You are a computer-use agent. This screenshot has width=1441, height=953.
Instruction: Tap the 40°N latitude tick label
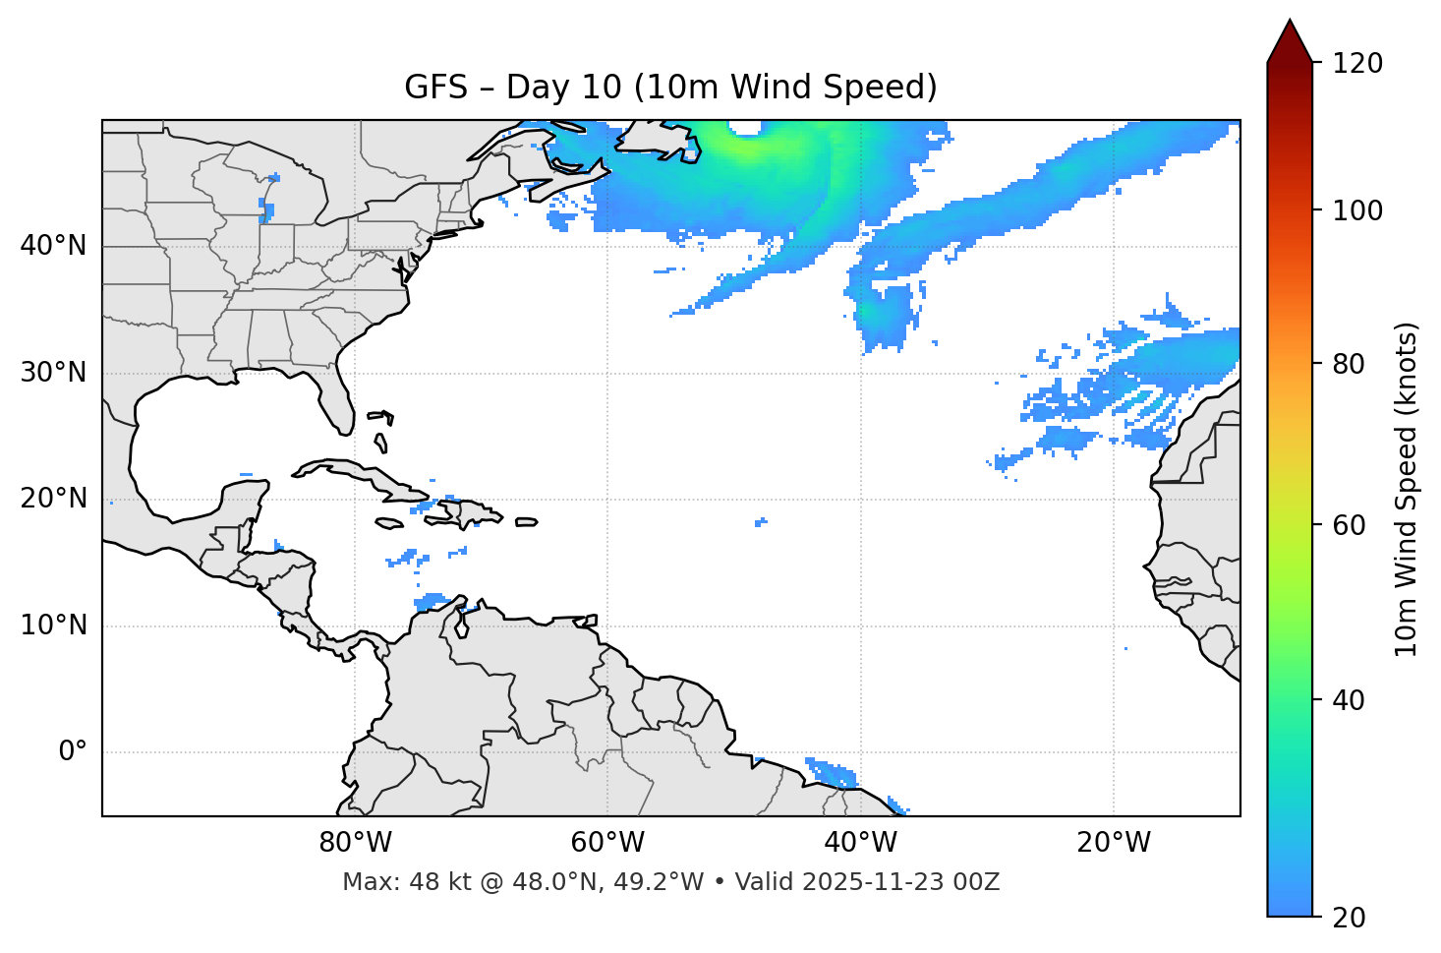click(53, 246)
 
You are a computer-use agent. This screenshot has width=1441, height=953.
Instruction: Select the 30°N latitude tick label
click(53, 373)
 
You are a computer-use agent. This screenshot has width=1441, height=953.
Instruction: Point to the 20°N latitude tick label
click(53, 499)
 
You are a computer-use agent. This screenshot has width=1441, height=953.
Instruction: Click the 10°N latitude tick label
click(53, 625)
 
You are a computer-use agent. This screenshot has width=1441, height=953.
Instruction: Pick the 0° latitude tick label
click(73, 752)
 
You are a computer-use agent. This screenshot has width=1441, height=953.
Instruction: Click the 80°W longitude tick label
click(355, 843)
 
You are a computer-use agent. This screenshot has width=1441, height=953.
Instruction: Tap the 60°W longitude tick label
click(607, 843)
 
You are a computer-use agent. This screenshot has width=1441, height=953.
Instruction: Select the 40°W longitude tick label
click(860, 843)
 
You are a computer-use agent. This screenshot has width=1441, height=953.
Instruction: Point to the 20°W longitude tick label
click(1113, 843)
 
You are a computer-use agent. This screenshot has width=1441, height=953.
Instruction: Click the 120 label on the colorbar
click(1356, 64)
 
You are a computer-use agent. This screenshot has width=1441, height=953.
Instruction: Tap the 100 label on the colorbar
click(1356, 210)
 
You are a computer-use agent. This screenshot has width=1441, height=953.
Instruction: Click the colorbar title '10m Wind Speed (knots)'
click(1407, 489)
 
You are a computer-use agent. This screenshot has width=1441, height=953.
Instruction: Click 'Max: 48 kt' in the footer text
click(388, 882)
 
